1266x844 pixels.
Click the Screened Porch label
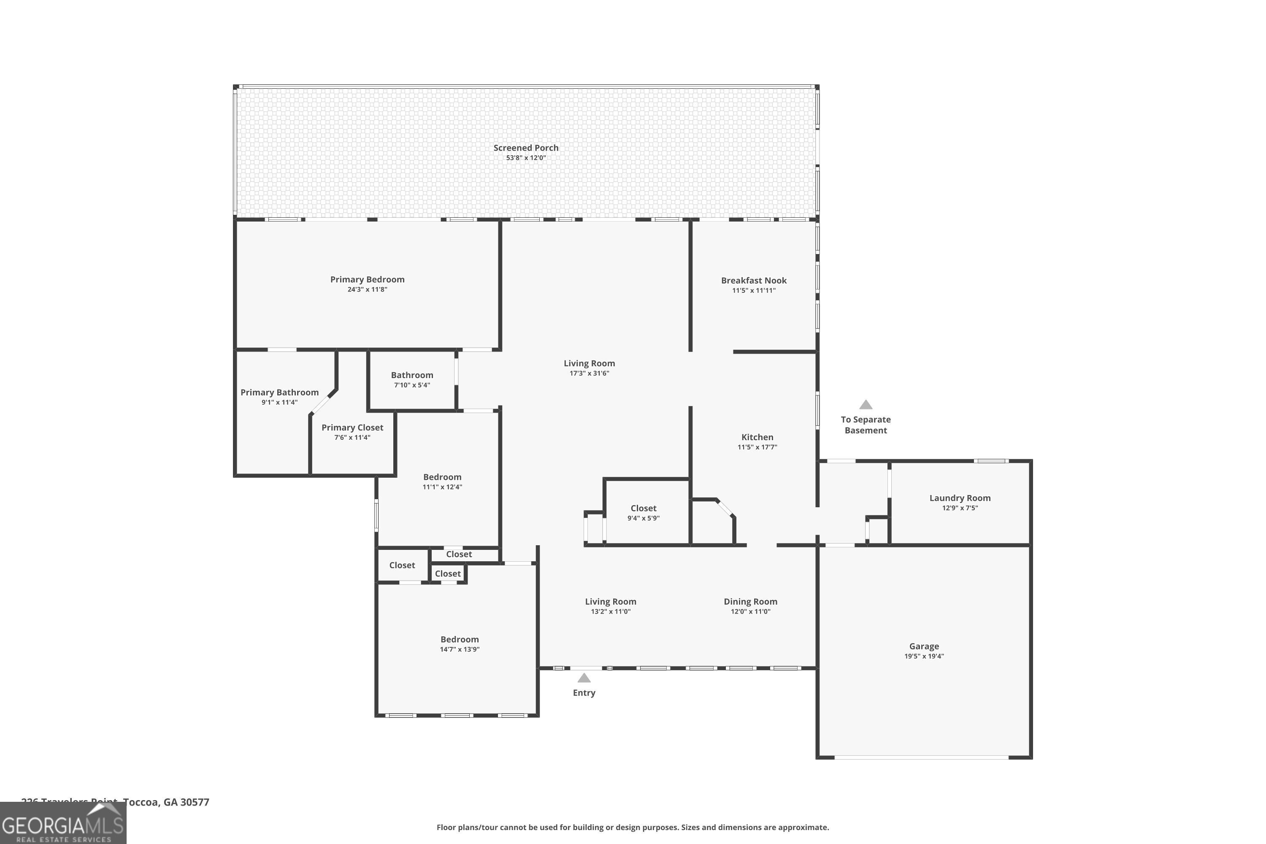(x=526, y=147)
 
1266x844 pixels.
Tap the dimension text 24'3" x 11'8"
(x=367, y=289)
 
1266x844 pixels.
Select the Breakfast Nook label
(x=754, y=281)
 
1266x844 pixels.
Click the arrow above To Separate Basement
(x=866, y=405)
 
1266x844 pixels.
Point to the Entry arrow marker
(x=584, y=678)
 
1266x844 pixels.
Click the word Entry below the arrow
(x=584, y=693)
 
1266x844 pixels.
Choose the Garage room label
(x=924, y=646)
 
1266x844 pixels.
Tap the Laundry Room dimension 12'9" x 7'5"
(x=960, y=508)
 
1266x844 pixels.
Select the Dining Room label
(x=750, y=601)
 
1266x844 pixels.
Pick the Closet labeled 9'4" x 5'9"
(x=643, y=508)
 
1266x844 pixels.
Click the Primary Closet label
(x=352, y=427)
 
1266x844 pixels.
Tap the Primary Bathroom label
(x=279, y=392)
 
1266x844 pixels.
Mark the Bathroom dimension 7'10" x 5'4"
(x=412, y=385)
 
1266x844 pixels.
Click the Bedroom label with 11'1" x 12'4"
(x=442, y=477)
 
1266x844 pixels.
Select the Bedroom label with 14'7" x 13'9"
(x=459, y=639)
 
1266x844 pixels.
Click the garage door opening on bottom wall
(x=921, y=757)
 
